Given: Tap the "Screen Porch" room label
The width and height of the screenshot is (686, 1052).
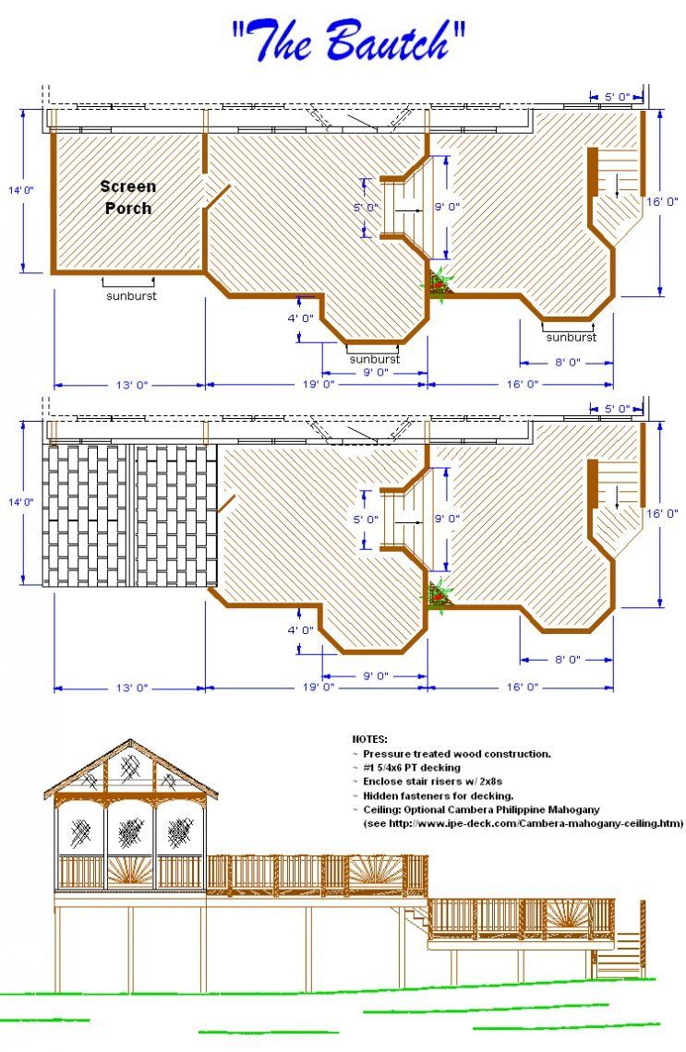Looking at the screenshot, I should (129, 197).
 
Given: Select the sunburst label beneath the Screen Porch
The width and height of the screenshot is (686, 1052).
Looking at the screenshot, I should (130, 296).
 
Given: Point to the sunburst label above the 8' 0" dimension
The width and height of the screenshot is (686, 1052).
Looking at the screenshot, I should (571, 337).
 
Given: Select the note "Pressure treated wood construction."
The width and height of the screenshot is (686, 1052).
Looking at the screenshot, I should (456, 754).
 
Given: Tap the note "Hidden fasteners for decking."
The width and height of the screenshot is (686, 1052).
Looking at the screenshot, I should (438, 795).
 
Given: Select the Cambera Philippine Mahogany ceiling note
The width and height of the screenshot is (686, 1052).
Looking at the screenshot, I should (480, 809).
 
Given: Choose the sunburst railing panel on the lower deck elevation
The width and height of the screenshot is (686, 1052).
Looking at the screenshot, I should (568, 919).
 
